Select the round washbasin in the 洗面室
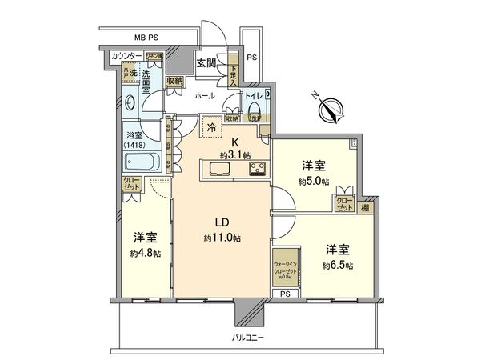130,102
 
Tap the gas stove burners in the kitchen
257,169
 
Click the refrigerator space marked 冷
212,127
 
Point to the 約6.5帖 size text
339,265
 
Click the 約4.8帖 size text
145,254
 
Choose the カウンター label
126,55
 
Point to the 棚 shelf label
365,207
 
